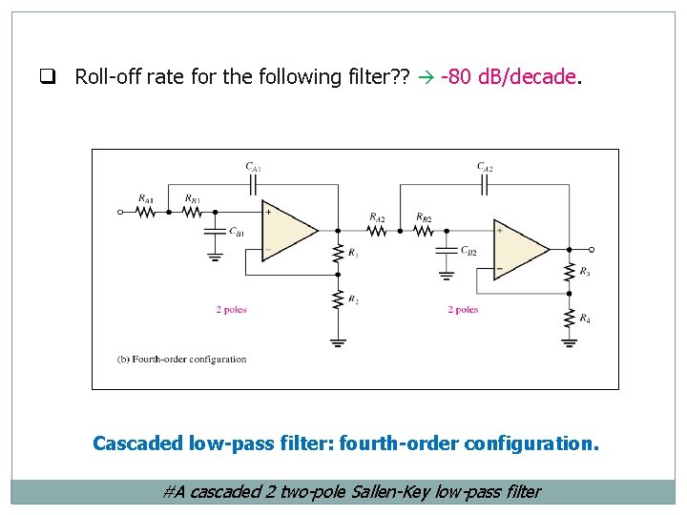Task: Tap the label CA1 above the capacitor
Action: coord(253,167)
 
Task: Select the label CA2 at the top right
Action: coord(485,167)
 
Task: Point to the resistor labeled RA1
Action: coord(145,212)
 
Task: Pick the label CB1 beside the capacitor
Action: coord(236,232)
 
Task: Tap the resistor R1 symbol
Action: coord(337,253)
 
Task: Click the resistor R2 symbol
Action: coord(337,299)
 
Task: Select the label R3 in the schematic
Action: coord(584,273)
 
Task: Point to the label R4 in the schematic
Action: coord(584,319)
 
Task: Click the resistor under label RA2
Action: coord(377,230)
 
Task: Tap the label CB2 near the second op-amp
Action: coord(468,251)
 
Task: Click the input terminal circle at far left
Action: coord(120,212)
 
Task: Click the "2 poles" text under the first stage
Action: coord(232,310)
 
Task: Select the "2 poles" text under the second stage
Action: coord(463,310)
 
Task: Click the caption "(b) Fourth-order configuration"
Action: coord(181,360)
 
